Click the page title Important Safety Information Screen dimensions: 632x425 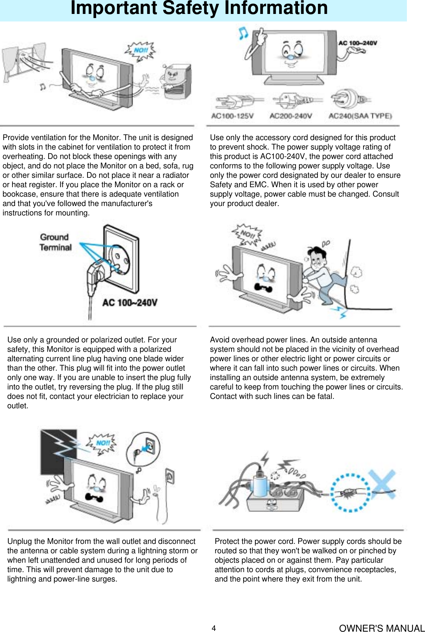pos(199,8)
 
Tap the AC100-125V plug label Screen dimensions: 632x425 pos(232,116)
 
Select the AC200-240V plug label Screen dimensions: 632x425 pos(291,116)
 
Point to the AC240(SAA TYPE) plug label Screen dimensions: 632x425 pos(360,116)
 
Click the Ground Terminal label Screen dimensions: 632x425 pos(55,242)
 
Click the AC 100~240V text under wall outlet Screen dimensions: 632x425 pos(129,303)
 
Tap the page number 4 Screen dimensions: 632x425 pos(213,628)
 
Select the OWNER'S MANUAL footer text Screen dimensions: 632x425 pos(381,628)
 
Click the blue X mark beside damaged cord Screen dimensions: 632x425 pos(382,484)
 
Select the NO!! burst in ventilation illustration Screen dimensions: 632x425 pos(141,51)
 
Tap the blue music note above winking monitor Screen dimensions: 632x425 pos(243,33)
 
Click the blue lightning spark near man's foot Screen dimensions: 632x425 pos(341,312)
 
